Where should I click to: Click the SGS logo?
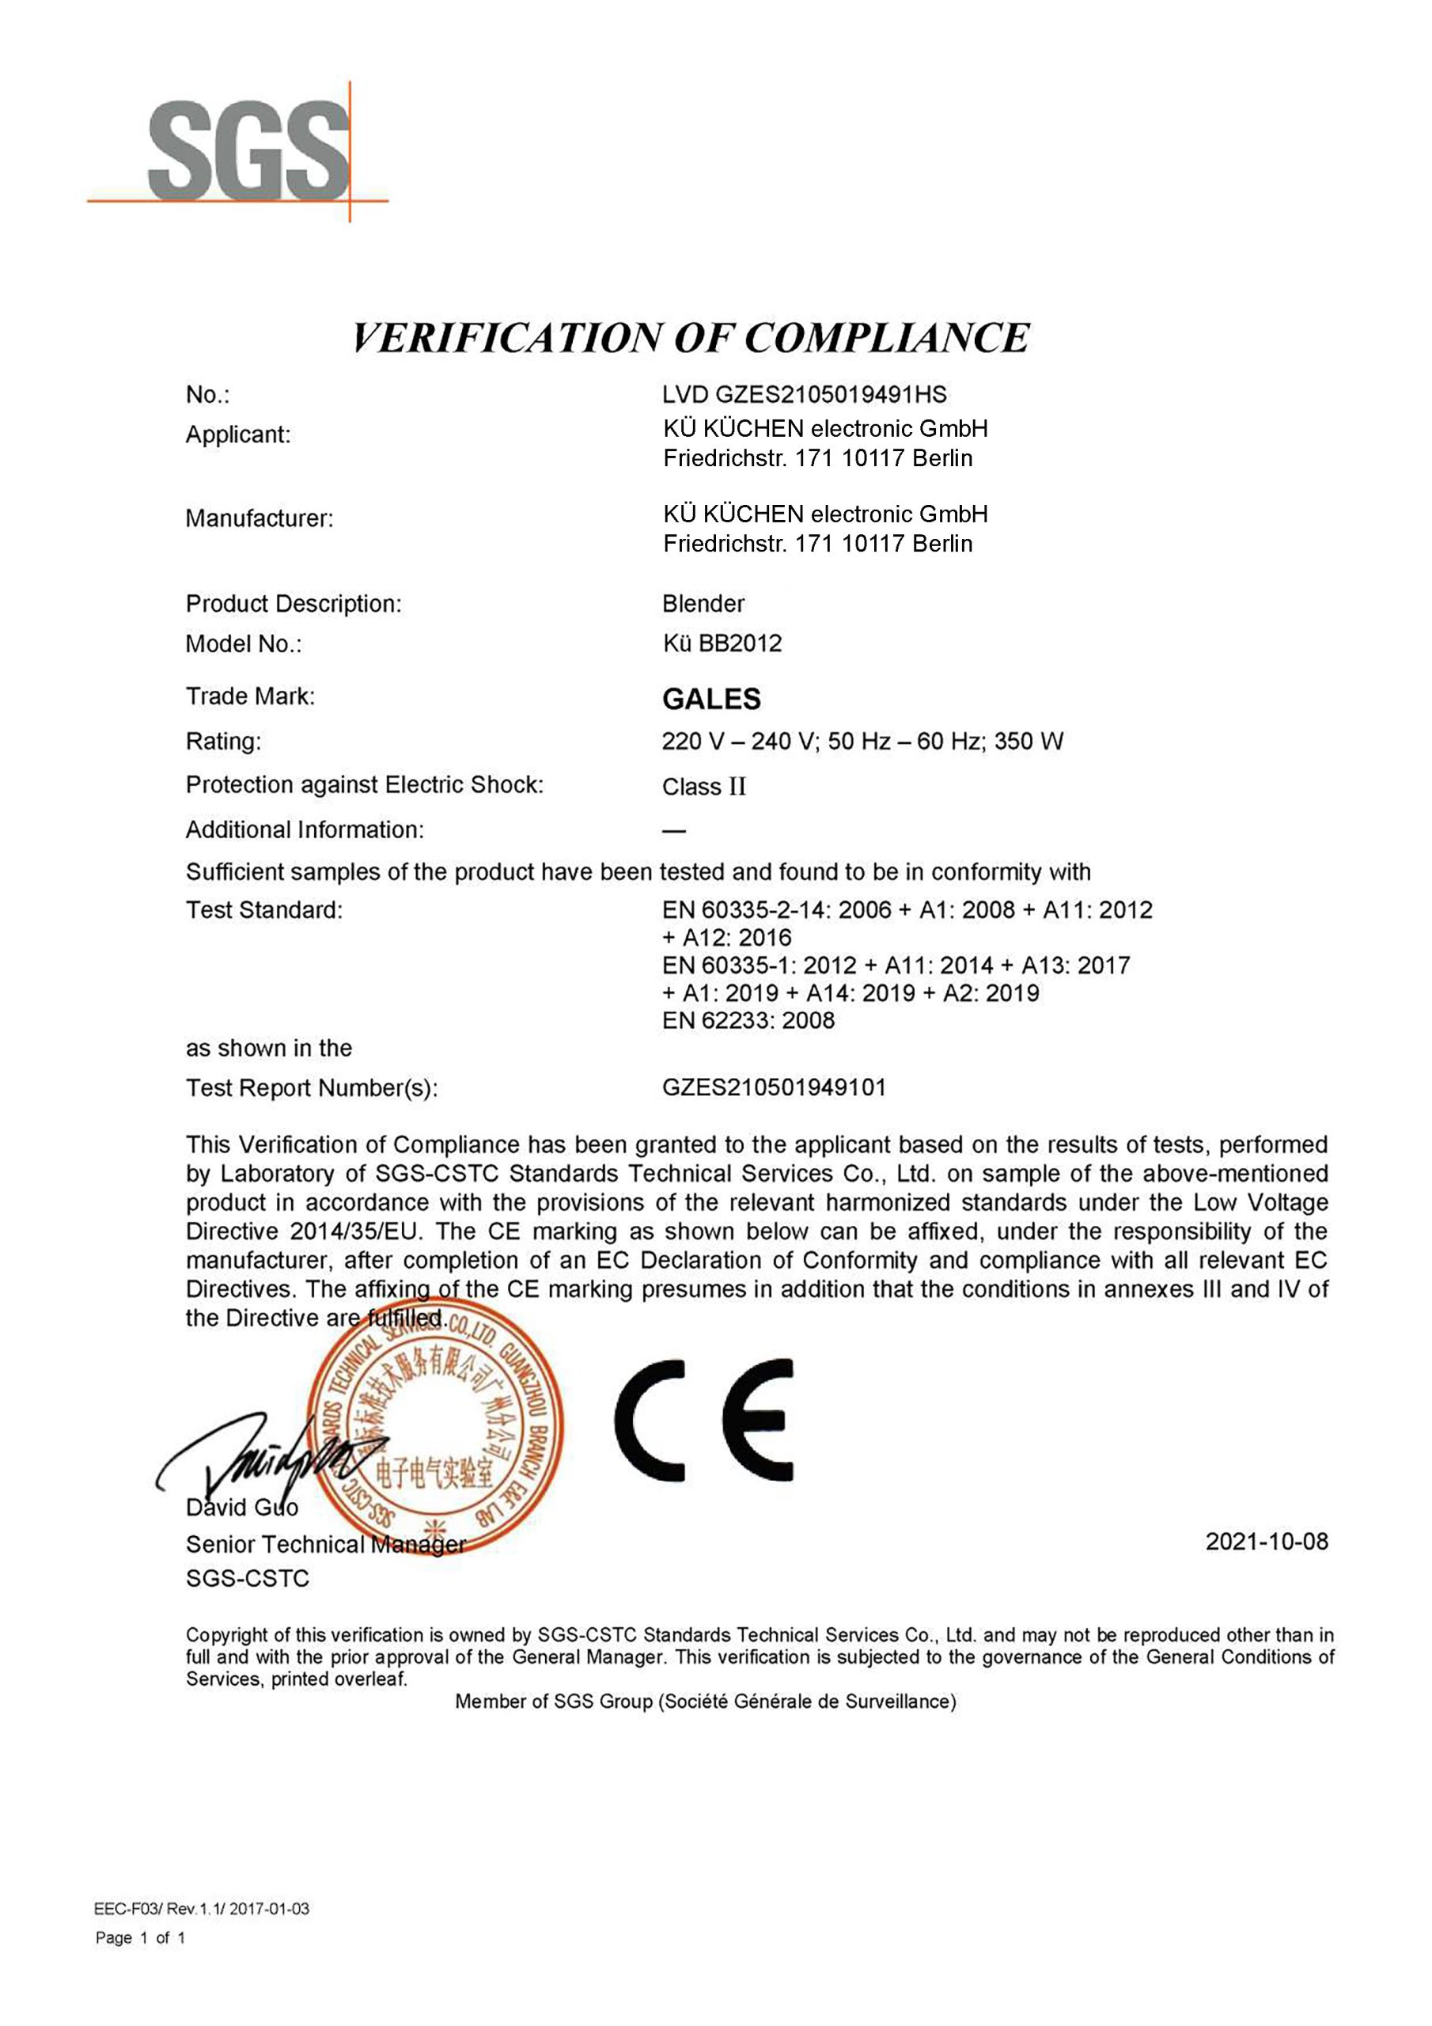click(247, 152)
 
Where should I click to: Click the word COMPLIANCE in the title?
click(886, 339)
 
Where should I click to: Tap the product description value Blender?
click(703, 604)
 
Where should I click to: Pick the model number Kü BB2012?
click(722, 643)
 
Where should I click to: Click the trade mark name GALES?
click(711, 699)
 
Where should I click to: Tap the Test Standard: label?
click(263, 910)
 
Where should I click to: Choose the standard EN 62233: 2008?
click(748, 1021)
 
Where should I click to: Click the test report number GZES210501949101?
click(774, 1087)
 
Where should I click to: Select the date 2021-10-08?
click(1266, 1542)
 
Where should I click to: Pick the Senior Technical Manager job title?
click(326, 1544)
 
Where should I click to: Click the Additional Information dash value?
click(674, 830)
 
